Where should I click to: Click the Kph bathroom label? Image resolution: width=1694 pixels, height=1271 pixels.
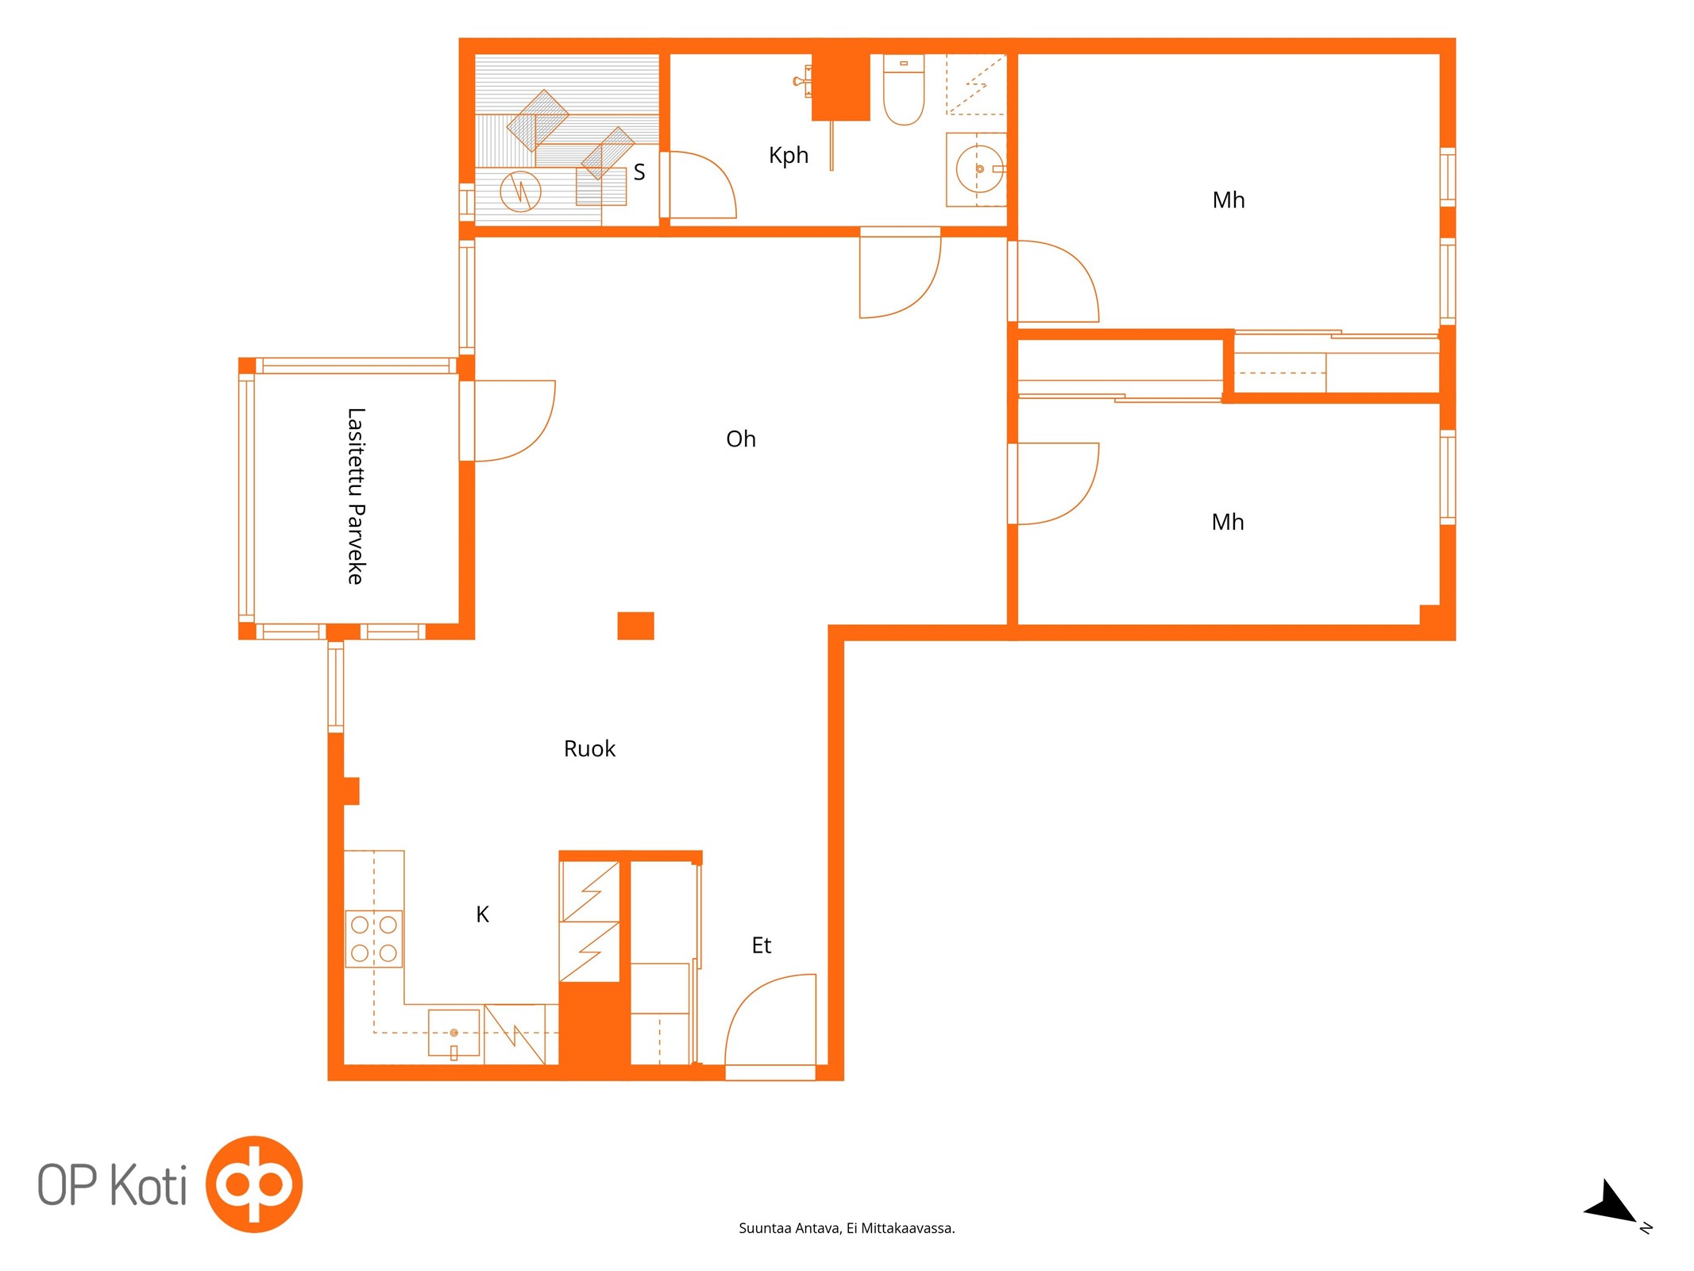point(788,156)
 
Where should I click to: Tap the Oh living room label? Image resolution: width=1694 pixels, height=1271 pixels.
point(740,438)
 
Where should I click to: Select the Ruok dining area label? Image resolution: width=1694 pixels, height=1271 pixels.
point(589,748)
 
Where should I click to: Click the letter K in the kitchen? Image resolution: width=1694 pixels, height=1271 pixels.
point(482,914)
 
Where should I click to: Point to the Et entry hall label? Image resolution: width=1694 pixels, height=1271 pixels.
point(761,945)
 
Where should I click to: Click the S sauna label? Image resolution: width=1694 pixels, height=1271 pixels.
point(639,172)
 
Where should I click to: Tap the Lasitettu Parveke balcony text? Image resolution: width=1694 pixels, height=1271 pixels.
point(356,496)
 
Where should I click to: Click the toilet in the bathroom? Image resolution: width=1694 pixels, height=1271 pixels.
point(904,89)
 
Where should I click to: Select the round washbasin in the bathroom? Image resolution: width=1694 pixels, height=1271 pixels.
point(979,169)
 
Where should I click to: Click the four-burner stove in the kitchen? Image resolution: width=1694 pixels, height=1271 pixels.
point(374,938)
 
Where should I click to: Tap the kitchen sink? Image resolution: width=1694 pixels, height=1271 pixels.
point(453,1033)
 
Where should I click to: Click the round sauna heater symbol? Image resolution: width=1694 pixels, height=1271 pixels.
point(520,191)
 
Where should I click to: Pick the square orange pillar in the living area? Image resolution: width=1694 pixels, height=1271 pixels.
point(635,625)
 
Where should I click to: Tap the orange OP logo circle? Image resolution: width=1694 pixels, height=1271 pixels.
point(254,1184)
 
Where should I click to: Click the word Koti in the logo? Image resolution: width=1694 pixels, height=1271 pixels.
point(149,1184)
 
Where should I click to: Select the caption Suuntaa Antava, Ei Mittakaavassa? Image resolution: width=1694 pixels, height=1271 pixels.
point(847,1228)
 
